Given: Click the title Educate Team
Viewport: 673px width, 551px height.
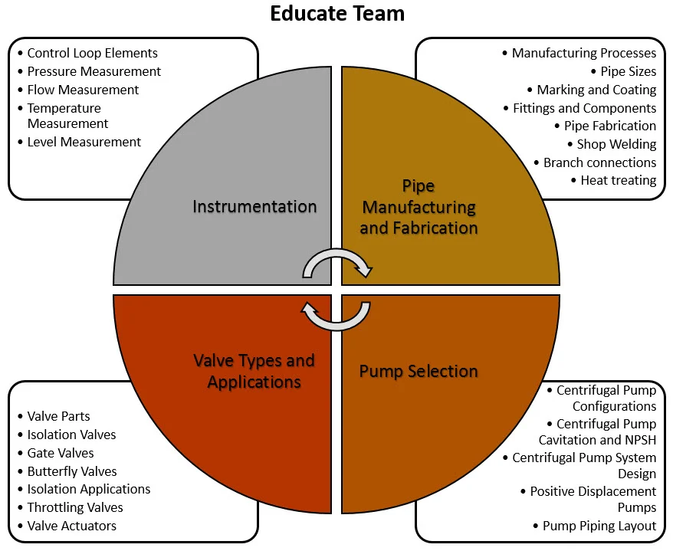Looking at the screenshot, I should click(x=336, y=14).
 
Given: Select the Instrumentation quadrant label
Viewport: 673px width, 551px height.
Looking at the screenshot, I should click(x=254, y=206).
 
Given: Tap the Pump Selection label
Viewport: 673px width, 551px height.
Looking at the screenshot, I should click(x=419, y=372).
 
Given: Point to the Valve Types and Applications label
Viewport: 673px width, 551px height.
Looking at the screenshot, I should click(x=254, y=371).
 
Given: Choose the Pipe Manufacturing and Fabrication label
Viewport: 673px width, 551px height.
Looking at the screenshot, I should click(x=419, y=207).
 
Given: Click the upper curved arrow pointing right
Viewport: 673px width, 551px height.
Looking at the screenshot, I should click(x=337, y=262).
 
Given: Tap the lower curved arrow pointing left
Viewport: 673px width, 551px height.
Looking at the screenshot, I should click(x=337, y=315).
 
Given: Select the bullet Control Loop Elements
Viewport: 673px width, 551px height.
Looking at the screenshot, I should click(x=92, y=54).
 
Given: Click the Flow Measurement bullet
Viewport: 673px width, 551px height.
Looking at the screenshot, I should click(x=83, y=90).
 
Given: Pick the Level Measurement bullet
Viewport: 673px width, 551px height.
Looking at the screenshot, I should click(x=84, y=142).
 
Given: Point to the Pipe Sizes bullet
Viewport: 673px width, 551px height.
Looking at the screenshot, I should click(x=628, y=71).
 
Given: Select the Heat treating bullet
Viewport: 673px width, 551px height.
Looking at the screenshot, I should click(x=618, y=181).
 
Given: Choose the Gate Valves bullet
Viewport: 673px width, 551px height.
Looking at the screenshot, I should click(x=61, y=453).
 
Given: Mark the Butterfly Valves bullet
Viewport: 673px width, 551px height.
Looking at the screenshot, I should click(x=71, y=471).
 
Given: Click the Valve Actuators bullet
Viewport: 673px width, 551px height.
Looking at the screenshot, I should click(x=71, y=526).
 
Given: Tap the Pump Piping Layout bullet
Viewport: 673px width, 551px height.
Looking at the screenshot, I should click(x=599, y=526).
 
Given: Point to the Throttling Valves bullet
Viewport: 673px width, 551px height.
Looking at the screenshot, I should click(x=74, y=507).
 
